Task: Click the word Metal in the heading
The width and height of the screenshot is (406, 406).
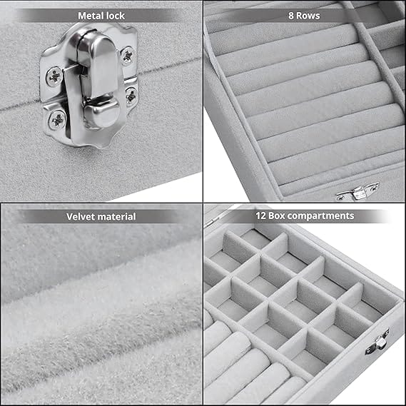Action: point(91,16)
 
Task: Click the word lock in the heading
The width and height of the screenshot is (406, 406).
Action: point(116,16)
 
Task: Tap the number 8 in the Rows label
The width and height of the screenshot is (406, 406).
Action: point(291,16)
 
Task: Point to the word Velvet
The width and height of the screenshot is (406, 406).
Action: point(81,217)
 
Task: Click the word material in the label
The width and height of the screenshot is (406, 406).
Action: point(117,217)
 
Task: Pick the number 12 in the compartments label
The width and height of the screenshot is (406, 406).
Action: point(260,215)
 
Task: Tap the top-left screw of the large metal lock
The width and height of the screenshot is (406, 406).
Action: point(54,76)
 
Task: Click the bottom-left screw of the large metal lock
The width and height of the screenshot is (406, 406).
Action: point(57,120)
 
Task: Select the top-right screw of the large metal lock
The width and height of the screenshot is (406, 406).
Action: point(128,56)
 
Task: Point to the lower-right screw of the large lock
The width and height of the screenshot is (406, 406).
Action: point(131,97)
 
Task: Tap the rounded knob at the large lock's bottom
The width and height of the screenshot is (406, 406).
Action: point(102,113)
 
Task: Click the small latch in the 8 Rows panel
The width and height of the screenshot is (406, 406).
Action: point(357,192)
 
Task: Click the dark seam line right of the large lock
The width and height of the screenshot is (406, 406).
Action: point(170,67)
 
